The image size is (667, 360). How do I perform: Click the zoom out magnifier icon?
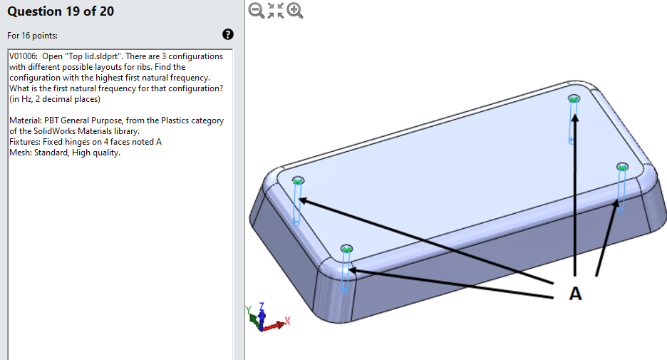point(257,11)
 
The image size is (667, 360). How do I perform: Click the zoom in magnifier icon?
point(295,11)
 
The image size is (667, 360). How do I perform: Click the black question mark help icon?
point(228,34)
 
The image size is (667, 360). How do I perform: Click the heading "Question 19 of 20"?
point(60,11)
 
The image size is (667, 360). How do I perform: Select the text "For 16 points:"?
point(33,35)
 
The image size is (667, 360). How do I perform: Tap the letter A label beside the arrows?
point(575,293)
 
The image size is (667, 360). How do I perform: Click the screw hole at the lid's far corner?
point(574,98)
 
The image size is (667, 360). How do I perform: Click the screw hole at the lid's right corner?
point(623,167)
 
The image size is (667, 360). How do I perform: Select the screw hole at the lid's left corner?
point(298,180)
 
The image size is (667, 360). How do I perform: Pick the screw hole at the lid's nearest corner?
point(346,249)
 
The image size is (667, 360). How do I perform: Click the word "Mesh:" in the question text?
point(21,153)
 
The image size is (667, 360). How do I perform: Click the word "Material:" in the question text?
point(25,120)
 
